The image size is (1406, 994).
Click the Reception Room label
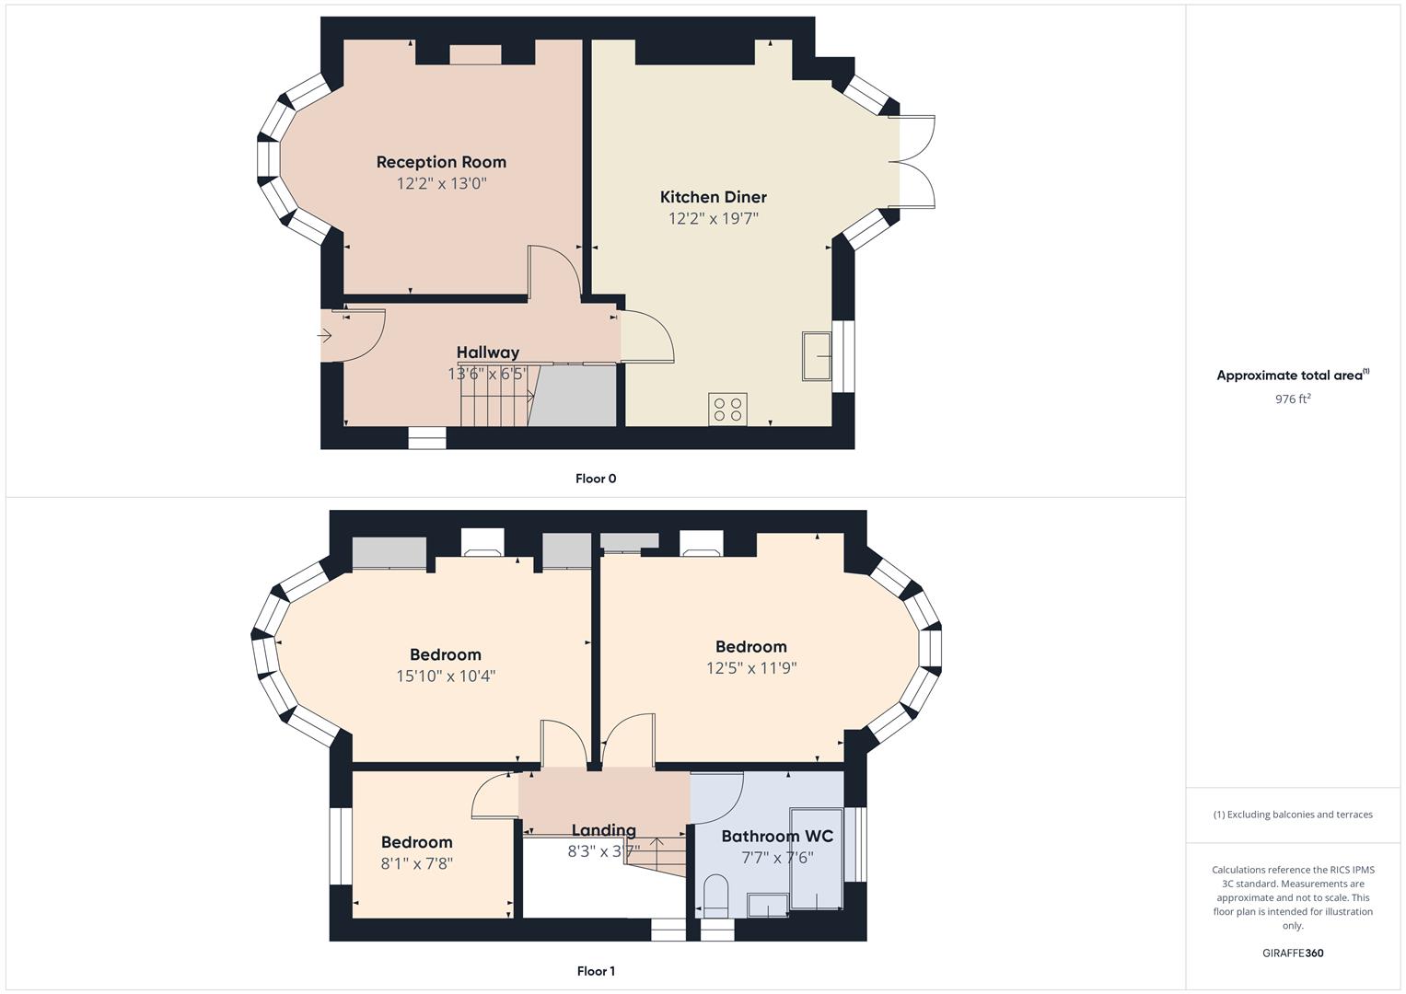441,162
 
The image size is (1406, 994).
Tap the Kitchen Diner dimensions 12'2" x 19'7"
713,218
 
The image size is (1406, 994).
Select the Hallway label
488,353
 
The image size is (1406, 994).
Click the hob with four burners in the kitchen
727,410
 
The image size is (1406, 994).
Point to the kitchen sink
817,356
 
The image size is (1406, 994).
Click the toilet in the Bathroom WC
715,896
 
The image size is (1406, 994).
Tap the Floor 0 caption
596,479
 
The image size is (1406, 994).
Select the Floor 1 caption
596,971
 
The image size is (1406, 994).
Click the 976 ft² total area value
1293,399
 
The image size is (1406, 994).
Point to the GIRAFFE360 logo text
1293,954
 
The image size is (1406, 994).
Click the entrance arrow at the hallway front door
324,336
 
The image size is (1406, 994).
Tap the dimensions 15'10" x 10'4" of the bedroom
446,676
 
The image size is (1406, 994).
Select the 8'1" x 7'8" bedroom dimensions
417,863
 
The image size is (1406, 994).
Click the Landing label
603,831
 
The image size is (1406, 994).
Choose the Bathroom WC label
777,837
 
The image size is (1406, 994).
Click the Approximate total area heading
1293,376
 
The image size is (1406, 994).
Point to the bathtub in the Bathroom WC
816,859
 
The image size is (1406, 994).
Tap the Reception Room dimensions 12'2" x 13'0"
441,183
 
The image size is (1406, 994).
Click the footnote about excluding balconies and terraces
1293,815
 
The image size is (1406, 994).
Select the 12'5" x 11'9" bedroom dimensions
751,667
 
